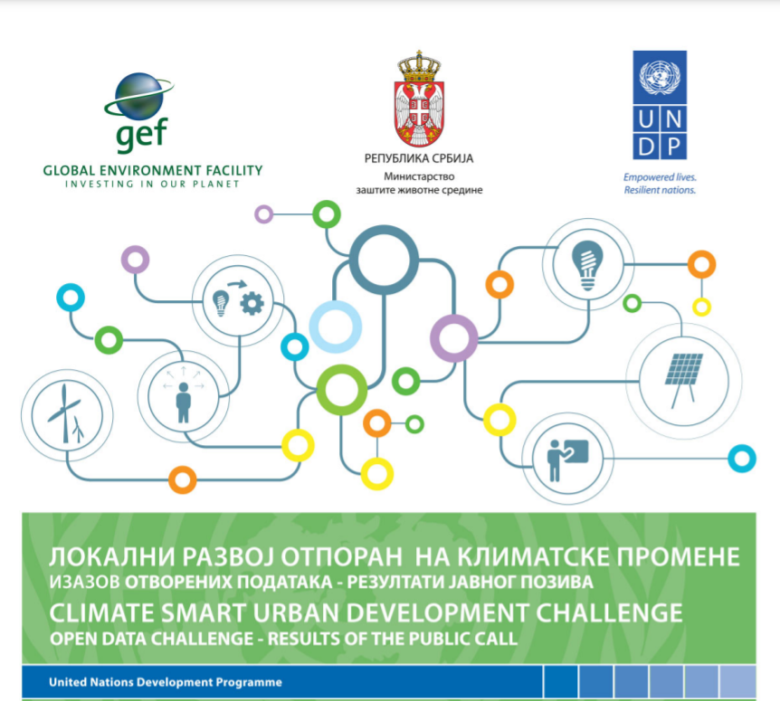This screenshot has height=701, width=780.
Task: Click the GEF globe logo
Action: coord(139,98)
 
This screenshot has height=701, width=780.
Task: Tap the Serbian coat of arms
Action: coord(419,99)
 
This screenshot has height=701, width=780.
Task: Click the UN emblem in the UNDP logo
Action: coord(660,78)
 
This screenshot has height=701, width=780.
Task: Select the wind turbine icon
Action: coord(67,413)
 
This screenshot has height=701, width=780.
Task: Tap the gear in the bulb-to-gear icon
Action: coord(252,303)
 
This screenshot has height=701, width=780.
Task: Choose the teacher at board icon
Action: coord(567,459)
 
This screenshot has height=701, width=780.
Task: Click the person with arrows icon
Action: coord(184,395)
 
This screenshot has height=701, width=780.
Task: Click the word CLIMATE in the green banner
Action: coord(101,612)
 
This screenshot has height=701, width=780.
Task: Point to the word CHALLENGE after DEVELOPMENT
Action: coord(608,612)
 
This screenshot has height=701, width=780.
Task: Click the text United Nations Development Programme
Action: coord(166,682)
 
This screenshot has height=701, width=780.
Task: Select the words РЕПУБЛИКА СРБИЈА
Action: coord(419,158)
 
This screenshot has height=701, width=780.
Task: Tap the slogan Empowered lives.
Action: coord(660,177)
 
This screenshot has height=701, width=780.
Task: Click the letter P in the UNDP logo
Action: coord(673,147)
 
